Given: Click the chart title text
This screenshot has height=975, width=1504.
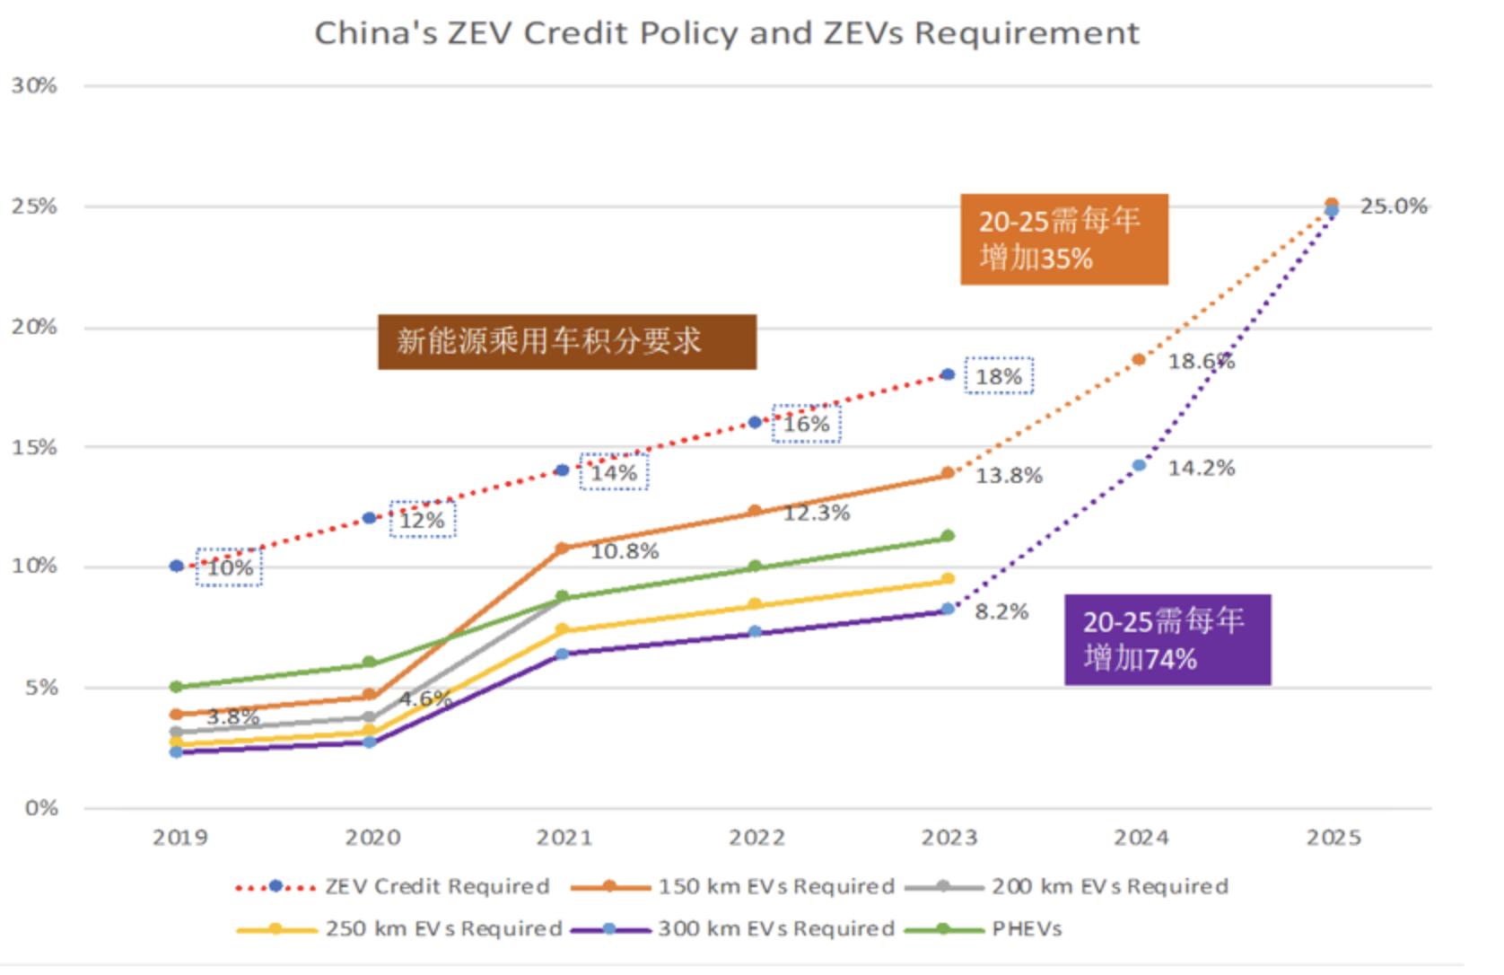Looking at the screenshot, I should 726,33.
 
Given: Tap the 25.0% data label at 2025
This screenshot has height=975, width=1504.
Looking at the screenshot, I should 1393,206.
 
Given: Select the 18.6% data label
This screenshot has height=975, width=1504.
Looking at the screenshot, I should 1201,362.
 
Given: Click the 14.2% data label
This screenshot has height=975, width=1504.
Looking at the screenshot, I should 1201,468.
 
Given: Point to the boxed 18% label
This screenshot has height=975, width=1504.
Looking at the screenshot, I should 999,376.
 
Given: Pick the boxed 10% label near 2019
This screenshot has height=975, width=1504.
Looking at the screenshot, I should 230,567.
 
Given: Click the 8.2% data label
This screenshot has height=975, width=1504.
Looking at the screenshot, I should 1001,612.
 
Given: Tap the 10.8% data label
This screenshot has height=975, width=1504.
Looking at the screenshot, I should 625,551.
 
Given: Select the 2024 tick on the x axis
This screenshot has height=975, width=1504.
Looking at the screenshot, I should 1141,838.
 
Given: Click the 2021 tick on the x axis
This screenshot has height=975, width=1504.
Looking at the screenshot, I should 564,838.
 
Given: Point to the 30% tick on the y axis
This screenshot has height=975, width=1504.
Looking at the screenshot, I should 34,86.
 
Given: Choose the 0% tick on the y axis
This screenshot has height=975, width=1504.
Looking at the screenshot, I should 41,808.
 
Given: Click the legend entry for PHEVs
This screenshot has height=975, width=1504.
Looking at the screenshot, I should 1027,929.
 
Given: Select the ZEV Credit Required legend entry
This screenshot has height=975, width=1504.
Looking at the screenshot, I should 437,887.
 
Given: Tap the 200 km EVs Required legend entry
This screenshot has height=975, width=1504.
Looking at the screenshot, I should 1109,887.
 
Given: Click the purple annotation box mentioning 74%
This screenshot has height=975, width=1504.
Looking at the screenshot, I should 1167,640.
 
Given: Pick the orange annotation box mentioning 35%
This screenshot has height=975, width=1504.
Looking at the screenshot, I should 1063,240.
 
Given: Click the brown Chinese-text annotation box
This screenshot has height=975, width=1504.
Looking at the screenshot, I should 566,342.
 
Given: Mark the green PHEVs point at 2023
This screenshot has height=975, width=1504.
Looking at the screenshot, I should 948,536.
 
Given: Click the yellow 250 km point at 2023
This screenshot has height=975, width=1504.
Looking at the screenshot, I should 948,579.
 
